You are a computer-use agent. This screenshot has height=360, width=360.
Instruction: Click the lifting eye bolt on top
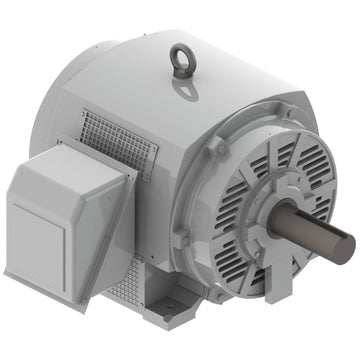pos(181,59)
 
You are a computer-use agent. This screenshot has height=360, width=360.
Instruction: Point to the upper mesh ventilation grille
pos(118,139)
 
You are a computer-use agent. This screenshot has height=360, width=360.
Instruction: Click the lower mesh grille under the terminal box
pos(124,286)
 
